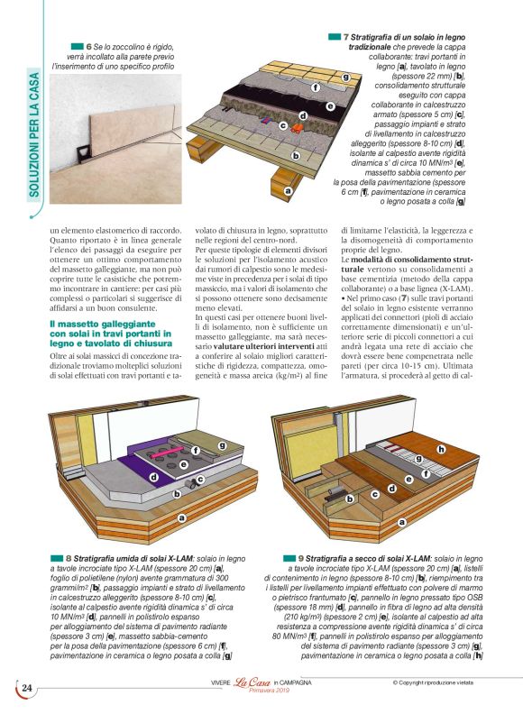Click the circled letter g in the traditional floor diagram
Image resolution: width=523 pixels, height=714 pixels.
[x=345, y=78]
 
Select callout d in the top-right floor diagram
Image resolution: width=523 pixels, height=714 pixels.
[x=303, y=116]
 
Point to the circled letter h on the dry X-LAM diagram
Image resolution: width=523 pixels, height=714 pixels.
[x=441, y=449]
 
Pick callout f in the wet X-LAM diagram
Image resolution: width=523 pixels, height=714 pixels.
[x=196, y=448]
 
